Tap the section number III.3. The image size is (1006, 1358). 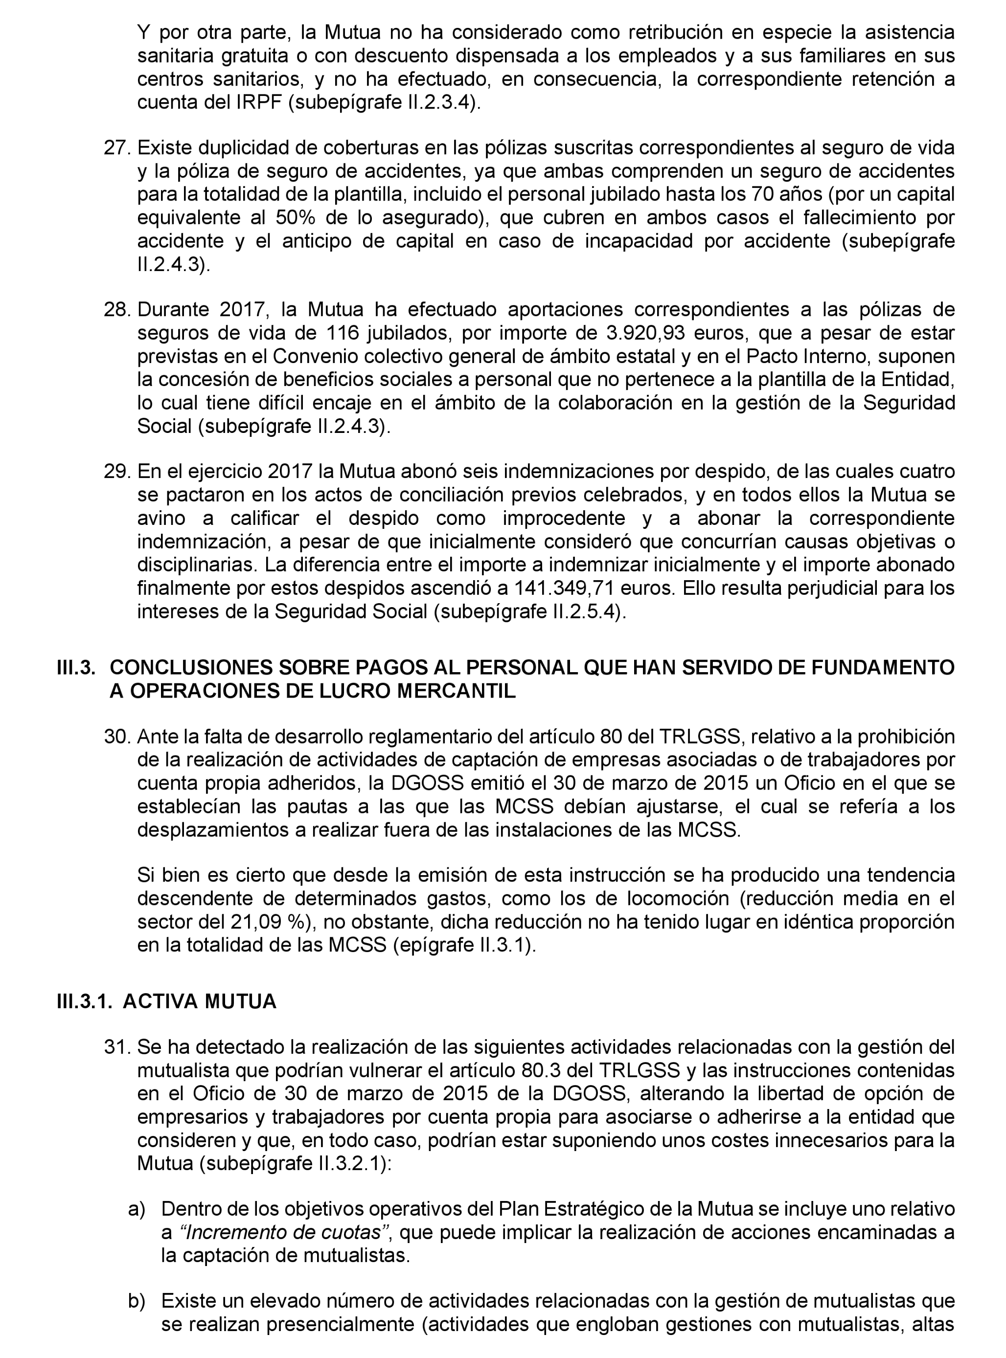pyautogui.click(x=75, y=668)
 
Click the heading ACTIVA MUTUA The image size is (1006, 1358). pyautogui.click(x=199, y=1002)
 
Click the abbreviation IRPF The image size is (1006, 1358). pyautogui.click(x=258, y=103)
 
